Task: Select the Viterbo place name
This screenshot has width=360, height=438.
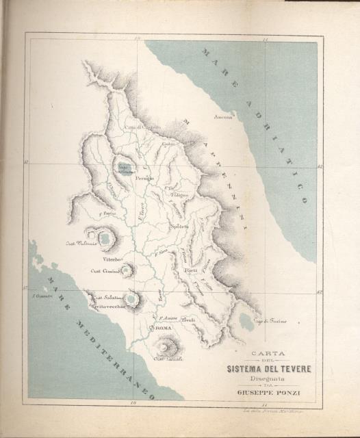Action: pyautogui.click(x=112, y=260)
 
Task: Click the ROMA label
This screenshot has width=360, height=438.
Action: pyautogui.click(x=164, y=330)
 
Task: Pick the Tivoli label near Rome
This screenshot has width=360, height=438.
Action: pyautogui.click(x=189, y=320)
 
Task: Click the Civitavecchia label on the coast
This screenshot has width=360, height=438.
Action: pyautogui.click(x=108, y=306)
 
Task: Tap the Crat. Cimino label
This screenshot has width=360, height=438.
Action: pyautogui.click(x=105, y=272)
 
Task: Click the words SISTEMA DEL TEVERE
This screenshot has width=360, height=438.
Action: pyautogui.click(x=270, y=370)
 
